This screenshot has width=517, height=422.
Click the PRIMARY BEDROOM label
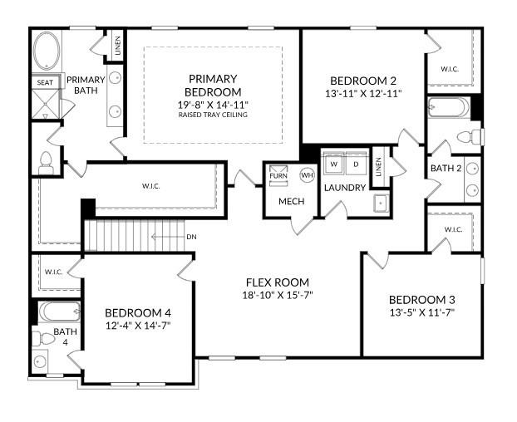[213, 85]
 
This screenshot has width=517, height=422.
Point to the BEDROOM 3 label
[421, 300]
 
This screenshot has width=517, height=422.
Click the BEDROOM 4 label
[138, 312]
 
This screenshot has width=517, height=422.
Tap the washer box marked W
[333, 164]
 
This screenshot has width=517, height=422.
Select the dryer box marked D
[356, 164]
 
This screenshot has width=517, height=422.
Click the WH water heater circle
[307, 175]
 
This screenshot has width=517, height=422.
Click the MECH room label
[291, 201]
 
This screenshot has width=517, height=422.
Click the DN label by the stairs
[191, 237]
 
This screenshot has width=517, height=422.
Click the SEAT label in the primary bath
[44, 82]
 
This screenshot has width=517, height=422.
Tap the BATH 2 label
[441, 169]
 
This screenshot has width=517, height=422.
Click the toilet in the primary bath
[47, 162]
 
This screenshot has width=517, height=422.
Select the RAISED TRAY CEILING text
[213, 115]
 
